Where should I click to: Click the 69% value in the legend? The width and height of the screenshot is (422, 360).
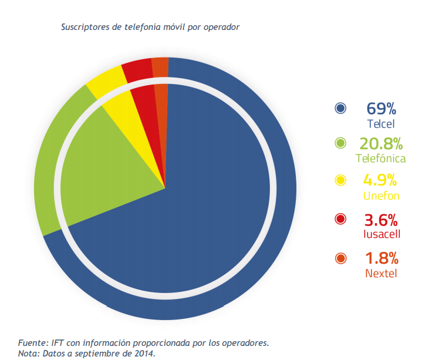[381, 109]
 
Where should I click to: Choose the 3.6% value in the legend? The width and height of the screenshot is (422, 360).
[381, 220]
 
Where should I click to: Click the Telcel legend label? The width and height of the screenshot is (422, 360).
[380, 124]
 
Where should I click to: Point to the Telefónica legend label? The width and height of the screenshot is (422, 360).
[380, 159]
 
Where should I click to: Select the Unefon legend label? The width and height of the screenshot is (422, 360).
[380, 196]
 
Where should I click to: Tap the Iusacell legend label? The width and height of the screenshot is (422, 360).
[380, 234]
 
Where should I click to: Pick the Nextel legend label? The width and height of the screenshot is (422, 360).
[380, 273]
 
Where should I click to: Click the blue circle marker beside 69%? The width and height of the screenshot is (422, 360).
[340, 108]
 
